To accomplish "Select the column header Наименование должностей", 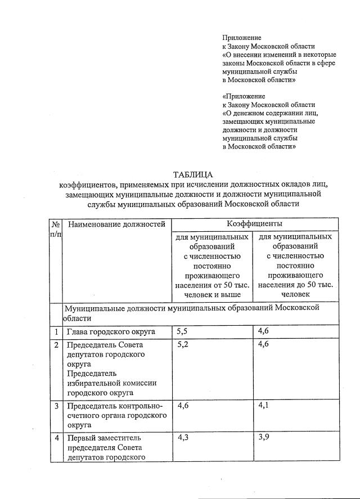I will [x=116, y=224].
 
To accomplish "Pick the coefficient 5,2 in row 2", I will [x=182, y=344].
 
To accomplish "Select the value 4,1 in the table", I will [x=263, y=405].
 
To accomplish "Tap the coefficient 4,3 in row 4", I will [x=182, y=437].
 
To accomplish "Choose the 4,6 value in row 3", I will [x=182, y=405].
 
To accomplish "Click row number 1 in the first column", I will [x=56, y=331].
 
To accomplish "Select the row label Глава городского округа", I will [x=111, y=331].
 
